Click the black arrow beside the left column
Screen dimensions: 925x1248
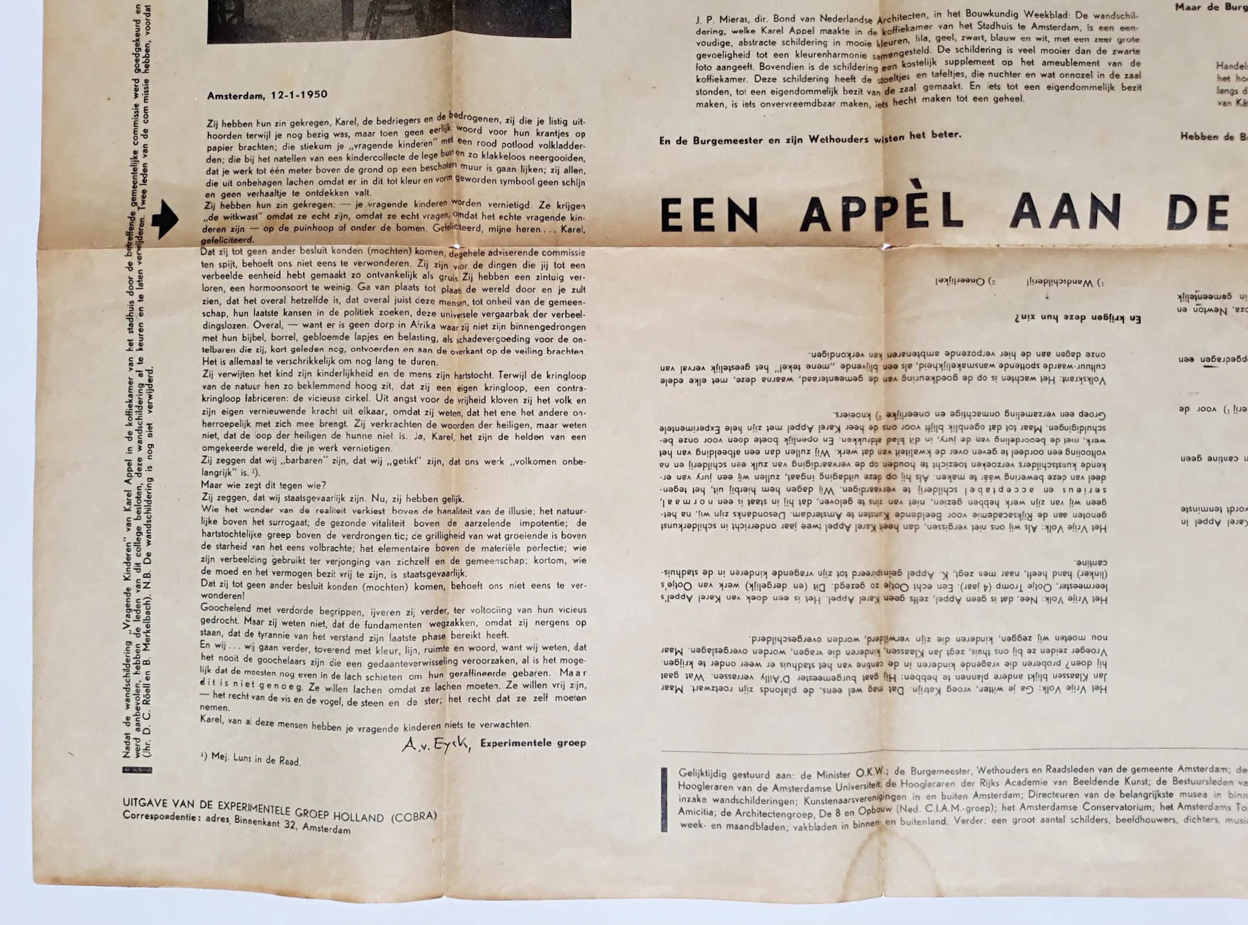tap(165, 219)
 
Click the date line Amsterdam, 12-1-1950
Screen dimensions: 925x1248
tap(267, 95)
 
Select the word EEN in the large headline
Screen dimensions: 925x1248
tap(708, 215)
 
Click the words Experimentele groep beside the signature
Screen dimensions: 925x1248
tap(533, 743)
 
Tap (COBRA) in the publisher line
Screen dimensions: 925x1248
tap(413, 816)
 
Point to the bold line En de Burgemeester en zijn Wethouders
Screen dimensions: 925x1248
tap(809, 138)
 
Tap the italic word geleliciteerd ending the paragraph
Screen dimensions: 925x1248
tap(227, 240)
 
